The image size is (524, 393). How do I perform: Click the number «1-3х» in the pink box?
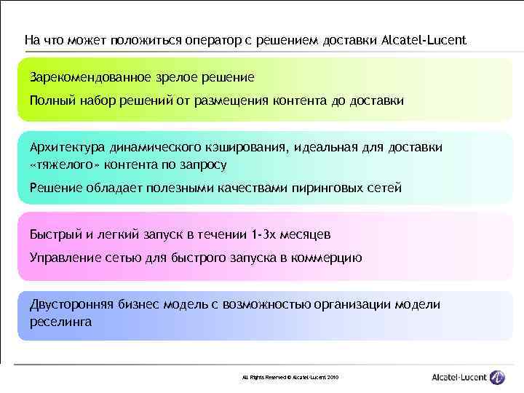(x=263, y=234)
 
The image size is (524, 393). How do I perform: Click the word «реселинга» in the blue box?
(x=61, y=321)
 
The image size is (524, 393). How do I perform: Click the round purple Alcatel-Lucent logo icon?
(x=497, y=377)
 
